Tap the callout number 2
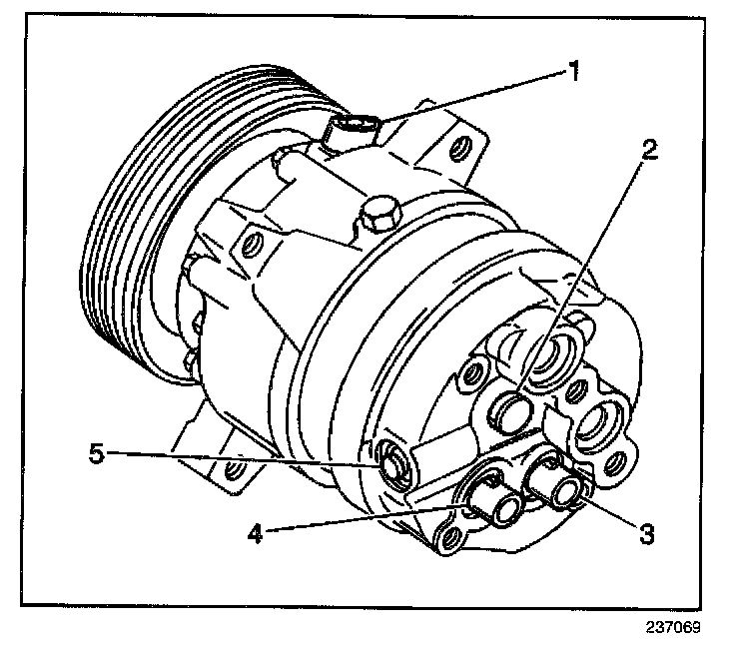(x=649, y=149)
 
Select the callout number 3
(x=646, y=533)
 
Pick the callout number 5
(x=96, y=454)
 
